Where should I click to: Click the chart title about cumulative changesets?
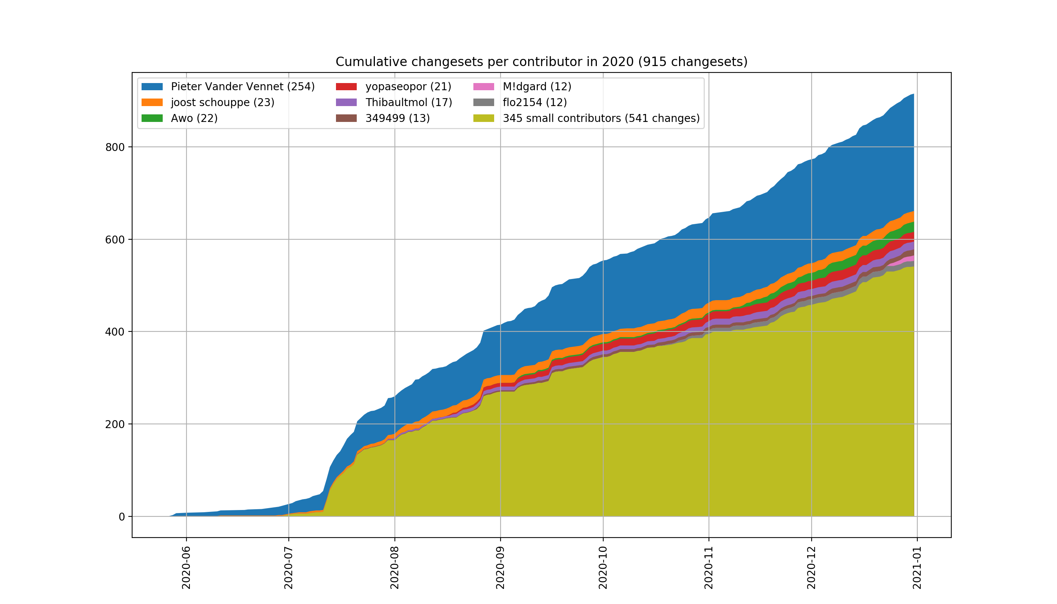541,62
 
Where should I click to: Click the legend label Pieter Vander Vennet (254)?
243,87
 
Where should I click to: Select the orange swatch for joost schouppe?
152,102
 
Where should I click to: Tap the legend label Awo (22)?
194,118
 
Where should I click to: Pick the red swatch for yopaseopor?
346,87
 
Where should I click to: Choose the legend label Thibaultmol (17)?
408,102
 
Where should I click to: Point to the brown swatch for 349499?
346,118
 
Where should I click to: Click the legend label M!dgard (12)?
537,87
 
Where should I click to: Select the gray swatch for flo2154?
484,102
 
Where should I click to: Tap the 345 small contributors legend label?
601,118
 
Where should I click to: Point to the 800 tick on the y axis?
115,147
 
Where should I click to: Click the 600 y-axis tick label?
115,240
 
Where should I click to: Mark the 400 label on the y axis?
115,332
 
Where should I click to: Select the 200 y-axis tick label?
115,424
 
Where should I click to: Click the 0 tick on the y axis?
122,517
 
